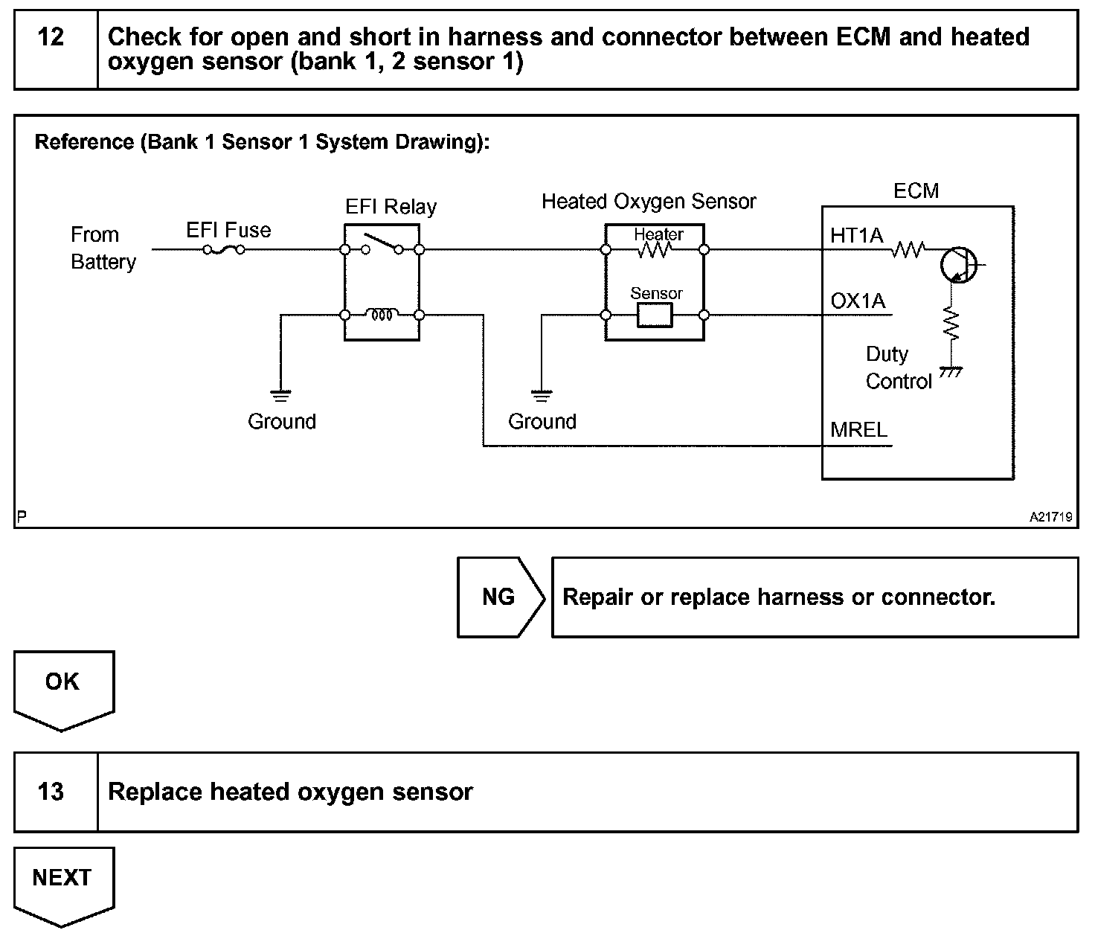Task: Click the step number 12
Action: click(x=51, y=37)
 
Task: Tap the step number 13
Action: click(x=51, y=791)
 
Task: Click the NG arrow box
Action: click(x=501, y=597)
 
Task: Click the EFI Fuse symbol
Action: click(x=224, y=249)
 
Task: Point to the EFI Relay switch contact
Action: click(x=382, y=244)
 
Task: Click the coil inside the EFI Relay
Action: click(x=382, y=315)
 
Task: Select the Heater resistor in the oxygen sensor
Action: click(x=655, y=250)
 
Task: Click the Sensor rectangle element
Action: click(x=655, y=315)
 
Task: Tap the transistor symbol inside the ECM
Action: click(x=959, y=264)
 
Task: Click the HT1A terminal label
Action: click(x=856, y=235)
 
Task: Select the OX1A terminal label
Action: click(x=858, y=301)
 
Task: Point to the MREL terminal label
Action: click(x=858, y=430)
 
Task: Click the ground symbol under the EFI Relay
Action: click(x=280, y=396)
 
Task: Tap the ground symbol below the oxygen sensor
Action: click(x=541, y=396)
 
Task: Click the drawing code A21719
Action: click(x=1051, y=517)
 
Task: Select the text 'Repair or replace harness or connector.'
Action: click(x=779, y=597)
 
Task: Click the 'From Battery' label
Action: click(x=103, y=248)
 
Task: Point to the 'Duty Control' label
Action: click(x=899, y=368)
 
